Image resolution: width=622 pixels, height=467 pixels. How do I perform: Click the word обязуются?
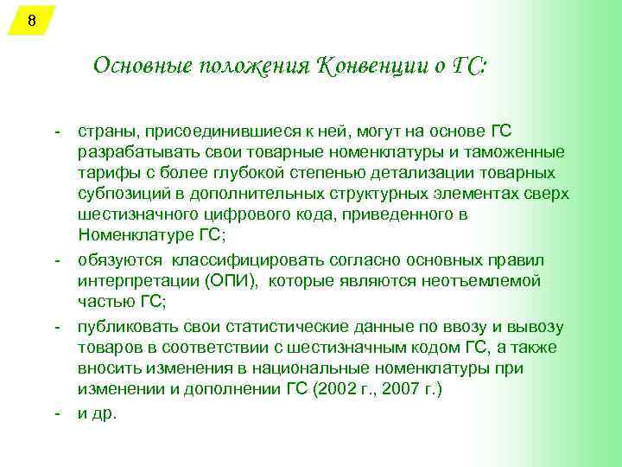[119, 259]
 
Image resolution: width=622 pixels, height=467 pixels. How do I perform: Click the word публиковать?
[127, 327]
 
